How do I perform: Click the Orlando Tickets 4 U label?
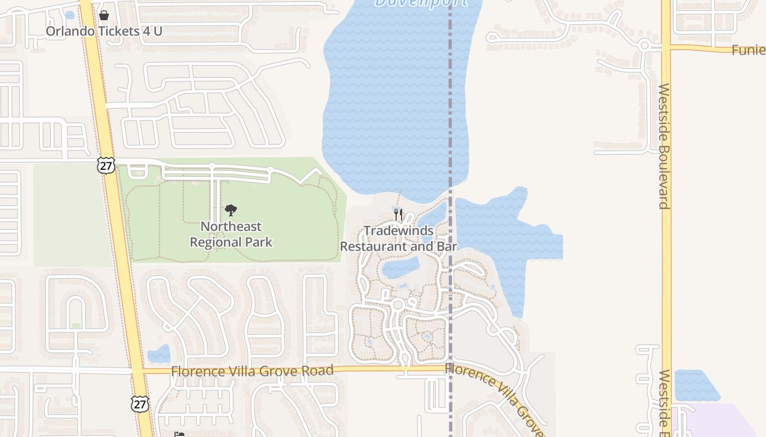(104, 31)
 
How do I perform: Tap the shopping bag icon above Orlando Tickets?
(104, 15)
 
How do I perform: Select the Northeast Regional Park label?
(231, 234)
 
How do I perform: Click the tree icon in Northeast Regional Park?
(231, 210)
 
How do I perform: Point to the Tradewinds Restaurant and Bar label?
(398, 239)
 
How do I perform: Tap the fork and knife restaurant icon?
(398, 214)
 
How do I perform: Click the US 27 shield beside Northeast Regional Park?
(106, 165)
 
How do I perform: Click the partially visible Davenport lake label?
(421, 3)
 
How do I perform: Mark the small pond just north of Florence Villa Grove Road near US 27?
(159, 354)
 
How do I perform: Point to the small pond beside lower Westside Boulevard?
(692, 385)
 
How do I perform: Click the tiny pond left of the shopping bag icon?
(69, 15)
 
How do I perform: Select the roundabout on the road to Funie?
(645, 45)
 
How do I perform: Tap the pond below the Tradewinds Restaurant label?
(400, 268)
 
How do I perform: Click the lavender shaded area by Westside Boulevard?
(717, 421)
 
